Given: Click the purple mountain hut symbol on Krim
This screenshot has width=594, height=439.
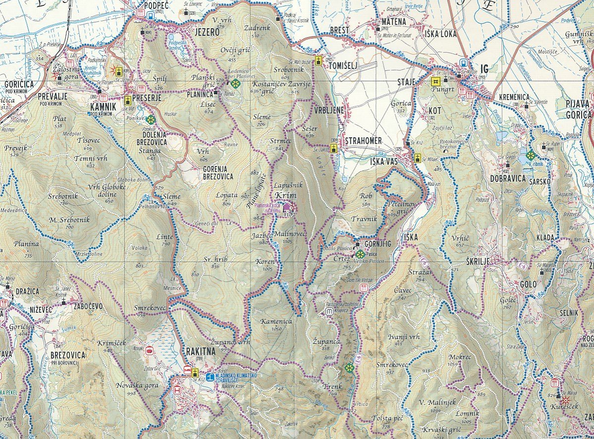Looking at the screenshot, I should tap(287, 206).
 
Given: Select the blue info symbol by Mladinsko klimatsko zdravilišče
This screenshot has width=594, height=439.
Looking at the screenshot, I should tap(210, 377).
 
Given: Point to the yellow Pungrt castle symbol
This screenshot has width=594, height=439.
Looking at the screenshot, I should tap(435, 81).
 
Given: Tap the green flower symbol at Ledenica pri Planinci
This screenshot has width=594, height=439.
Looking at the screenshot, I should tap(235, 84).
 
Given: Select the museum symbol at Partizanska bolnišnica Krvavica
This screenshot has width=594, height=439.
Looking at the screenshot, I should tap(329, 312).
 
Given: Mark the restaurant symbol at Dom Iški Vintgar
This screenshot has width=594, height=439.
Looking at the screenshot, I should tap(364, 288).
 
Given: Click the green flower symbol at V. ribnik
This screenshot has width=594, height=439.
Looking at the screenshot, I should tap(531, 154).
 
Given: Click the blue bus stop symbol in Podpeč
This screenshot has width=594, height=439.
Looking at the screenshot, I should tap(150, 15).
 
